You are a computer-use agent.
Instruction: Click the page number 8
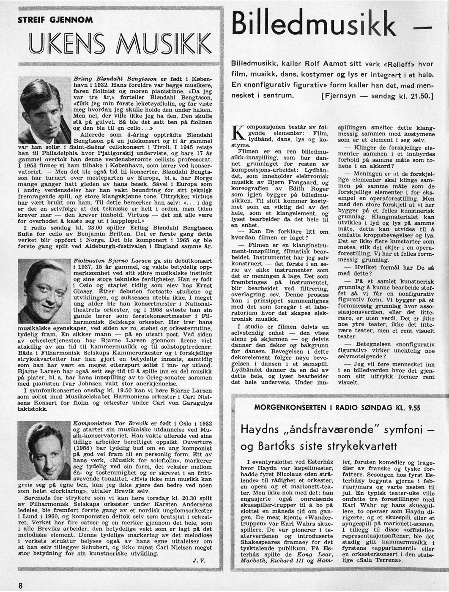tap(20, 585)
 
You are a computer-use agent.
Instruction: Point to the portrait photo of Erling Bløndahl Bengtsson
tap(46, 109)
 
